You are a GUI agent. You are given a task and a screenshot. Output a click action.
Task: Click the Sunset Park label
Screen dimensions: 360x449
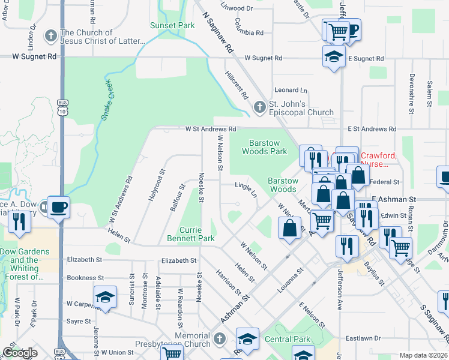(x=172, y=25)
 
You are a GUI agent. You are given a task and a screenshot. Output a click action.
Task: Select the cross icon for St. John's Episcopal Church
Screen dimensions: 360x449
(x=259, y=107)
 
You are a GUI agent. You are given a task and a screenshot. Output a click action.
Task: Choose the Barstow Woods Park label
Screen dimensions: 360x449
(x=265, y=147)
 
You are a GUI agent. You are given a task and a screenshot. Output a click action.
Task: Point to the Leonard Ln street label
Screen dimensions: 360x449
(x=291, y=90)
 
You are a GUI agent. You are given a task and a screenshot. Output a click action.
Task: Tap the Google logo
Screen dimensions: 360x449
(x=20, y=353)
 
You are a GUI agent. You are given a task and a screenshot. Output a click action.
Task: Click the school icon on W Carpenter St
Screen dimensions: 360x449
(x=104, y=297)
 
